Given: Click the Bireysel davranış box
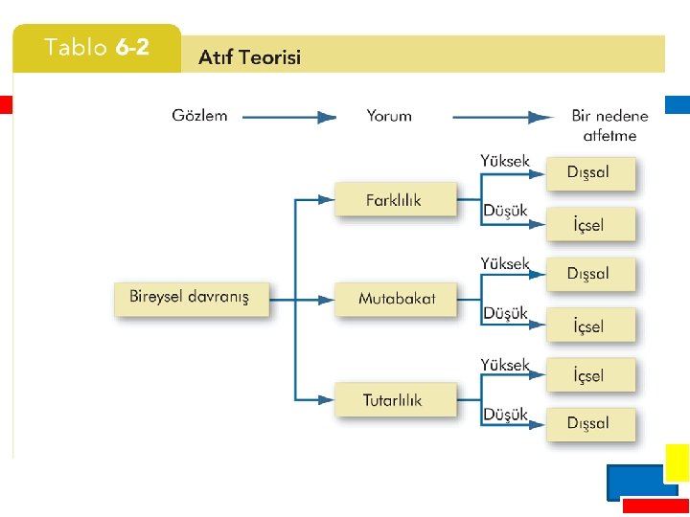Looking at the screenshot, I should pyautogui.click(x=189, y=298).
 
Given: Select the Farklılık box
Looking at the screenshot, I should pyautogui.click(x=393, y=200).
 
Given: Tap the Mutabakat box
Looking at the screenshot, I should pyautogui.click(x=396, y=298).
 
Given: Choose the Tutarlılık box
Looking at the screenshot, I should pyautogui.click(x=392, y=400).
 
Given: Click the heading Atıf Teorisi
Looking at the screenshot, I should pyautogui.click(x=249, y=57).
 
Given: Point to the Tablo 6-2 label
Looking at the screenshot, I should pyautogui.click(x=97, y=48).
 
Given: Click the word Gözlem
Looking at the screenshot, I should pyautogui.click(x=199, y=116).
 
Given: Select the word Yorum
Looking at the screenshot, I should pyautogui.click(x=389, y=116).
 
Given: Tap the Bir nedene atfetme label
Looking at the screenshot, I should pyautogui.click(x=609, y=125).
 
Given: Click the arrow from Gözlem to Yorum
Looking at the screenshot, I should pyautogui.click(x=288, y=117).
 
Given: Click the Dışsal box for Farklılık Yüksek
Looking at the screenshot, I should pyautogui.click(x=589, y=173).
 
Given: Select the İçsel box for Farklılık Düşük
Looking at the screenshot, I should pyautogui.click(x=589, y=226).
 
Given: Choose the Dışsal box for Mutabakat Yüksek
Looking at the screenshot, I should pyautogui.click(x=589, y=274).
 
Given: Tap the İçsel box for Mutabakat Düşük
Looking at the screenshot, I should pyautogui.click(x=589, y=326).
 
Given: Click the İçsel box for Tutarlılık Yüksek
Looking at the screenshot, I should pyautogui.click(x=589, y=375).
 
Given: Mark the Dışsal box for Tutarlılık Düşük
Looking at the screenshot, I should pyautogui.click(x=589, y=423).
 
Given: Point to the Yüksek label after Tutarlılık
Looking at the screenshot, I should pyautogui.click(x=505, y=365).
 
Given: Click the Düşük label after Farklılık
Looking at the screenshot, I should pyautogui.click(x=505, y=211).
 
